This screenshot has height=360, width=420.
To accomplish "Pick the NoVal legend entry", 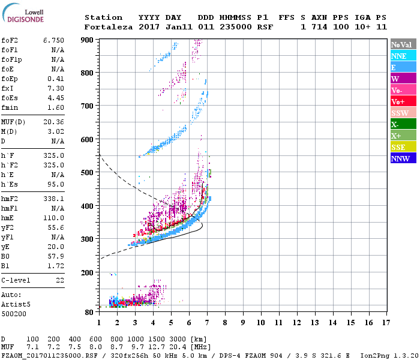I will (403, 44).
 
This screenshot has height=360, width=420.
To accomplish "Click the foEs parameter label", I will (8, 98).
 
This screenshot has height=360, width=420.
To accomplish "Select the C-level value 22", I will (60, 280).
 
